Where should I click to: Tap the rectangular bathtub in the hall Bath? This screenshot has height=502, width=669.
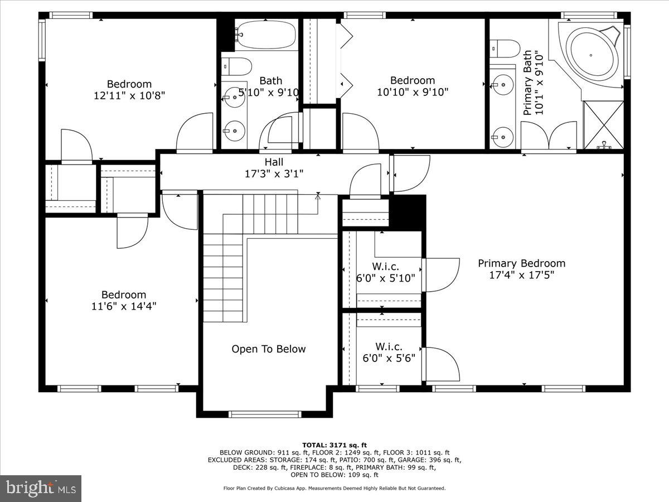(265, 35)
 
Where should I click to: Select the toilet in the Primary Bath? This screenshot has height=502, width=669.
(505, 48)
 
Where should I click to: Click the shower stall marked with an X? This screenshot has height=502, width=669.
(603, 125)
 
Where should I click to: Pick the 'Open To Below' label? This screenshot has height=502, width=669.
(269, 349)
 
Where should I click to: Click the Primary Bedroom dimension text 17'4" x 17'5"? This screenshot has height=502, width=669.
(521, 275)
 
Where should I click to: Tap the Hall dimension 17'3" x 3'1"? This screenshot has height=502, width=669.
(273, 174)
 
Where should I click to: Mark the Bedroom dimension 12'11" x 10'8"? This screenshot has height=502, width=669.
(129, 95)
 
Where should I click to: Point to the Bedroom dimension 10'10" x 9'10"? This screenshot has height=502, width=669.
(412, 92)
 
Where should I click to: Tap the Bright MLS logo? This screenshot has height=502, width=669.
(41, 488)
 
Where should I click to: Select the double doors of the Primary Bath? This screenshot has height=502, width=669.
(548, 137)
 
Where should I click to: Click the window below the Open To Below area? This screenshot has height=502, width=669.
(265, 414)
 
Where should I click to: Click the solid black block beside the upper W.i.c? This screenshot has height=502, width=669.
(407, 212)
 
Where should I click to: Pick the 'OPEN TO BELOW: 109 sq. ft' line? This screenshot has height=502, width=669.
(334, 475)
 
